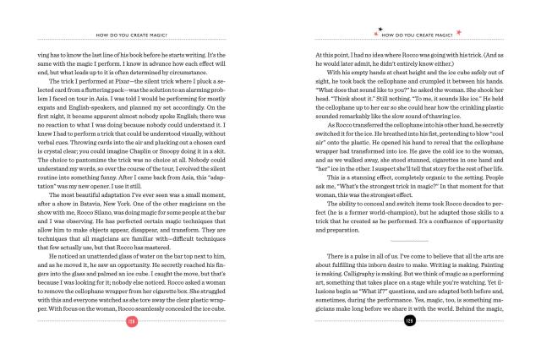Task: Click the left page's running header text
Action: (x=130, y=36)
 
